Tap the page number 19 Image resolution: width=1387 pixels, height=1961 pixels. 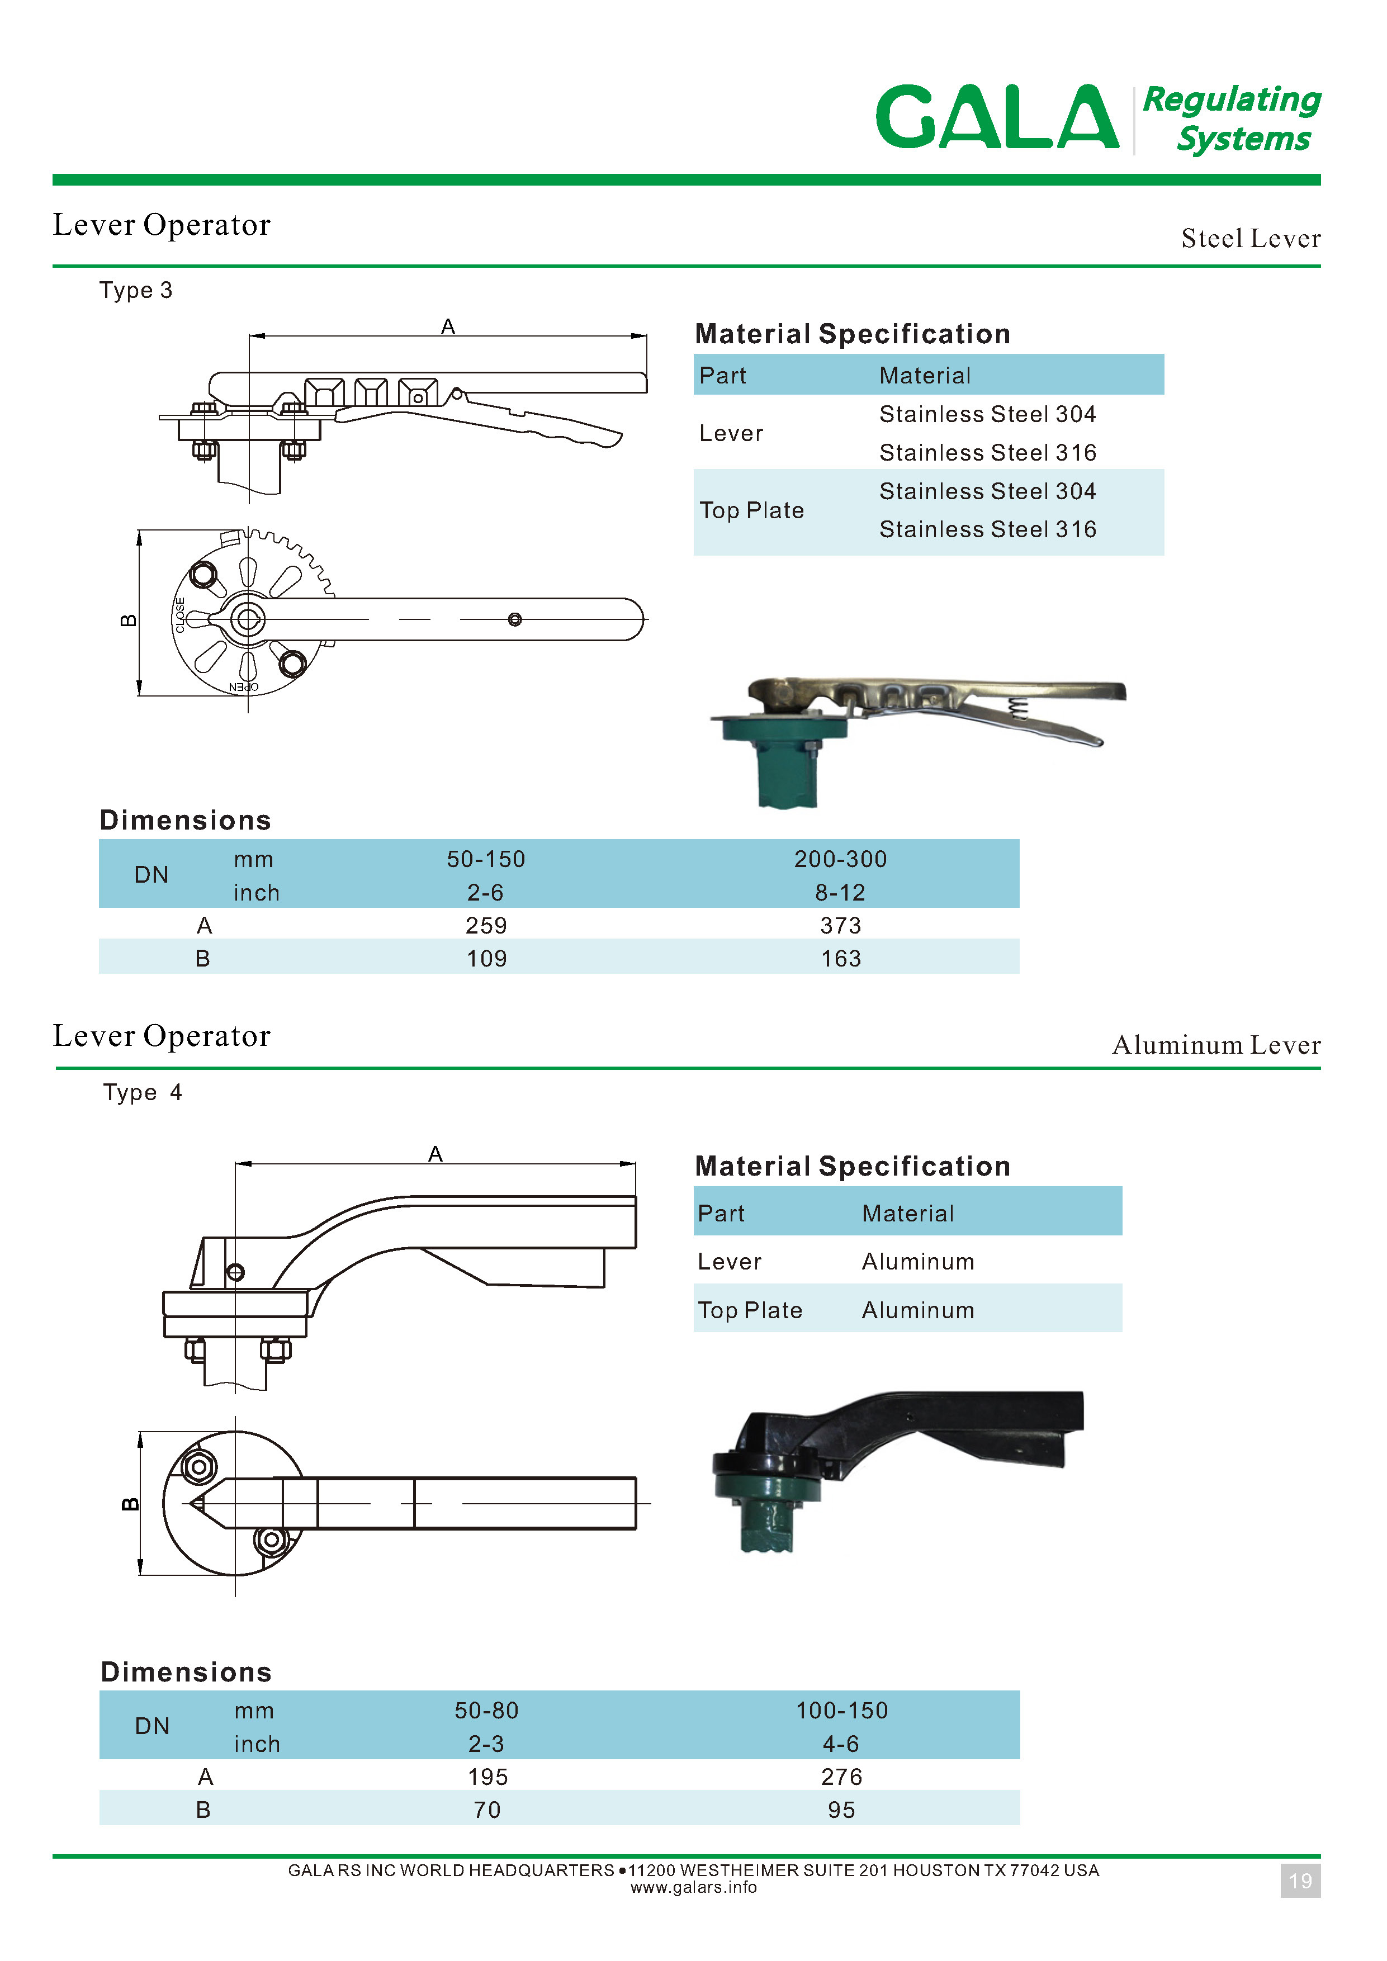coord(1300,1881)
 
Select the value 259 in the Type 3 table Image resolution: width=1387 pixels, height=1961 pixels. coord(486,925)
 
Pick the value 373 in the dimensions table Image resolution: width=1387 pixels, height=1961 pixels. coord(840,925)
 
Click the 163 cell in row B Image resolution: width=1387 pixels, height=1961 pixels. coord(840,958)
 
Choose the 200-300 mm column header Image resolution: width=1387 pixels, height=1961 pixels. coord(840,859)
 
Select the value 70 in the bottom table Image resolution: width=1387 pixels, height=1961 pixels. coord(487,1810)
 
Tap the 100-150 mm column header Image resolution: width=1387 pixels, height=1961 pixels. coord(842,1710)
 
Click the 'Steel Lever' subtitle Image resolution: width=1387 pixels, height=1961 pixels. coord(1251,238)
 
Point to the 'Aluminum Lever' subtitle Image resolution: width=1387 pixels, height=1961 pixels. coord(1216,1045)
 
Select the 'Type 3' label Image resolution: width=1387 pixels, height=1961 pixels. coord(136,290)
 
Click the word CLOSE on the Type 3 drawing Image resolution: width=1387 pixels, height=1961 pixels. coord(180,615)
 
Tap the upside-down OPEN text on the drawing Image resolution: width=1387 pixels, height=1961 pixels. coord(243,686)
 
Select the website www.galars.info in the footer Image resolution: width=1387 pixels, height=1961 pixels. coord(693,1888)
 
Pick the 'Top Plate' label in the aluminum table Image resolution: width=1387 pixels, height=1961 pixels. coord(750,1310)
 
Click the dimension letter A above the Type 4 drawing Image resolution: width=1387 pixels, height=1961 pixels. coord(435,1154)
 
